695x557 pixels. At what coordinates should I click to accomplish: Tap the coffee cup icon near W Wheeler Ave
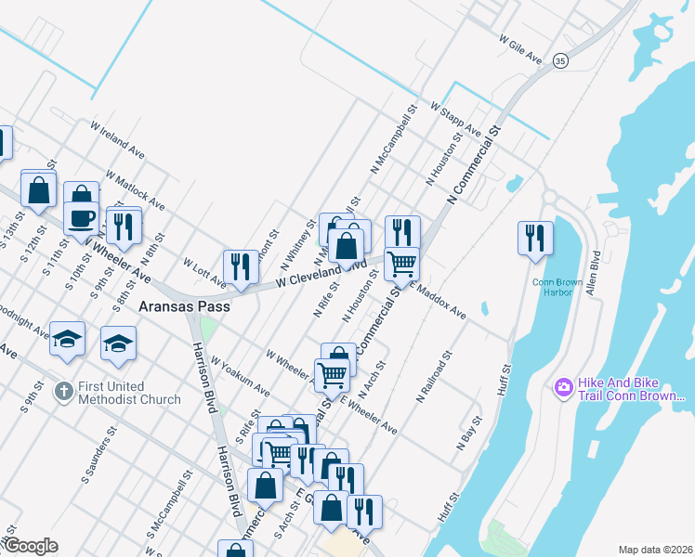pyautogui.click(x=81, y=217)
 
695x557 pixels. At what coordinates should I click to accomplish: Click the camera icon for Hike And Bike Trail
pyautogui.click(x=562, y=386)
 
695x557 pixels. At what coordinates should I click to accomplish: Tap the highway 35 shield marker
pyautogui.click(x=559, y=59)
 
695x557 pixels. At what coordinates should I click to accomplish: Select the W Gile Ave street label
pyautogui.click(x=519, y=50)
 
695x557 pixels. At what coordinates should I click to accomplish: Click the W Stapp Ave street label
pyautogui.click(x=455, y=119)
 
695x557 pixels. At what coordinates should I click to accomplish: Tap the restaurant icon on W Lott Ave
pyautogui.click(x=240, y=266)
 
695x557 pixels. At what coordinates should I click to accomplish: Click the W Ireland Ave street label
pyautogui.click(x=117, y=138)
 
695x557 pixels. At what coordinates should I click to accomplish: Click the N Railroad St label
pyautogui.click(x=434, y=376)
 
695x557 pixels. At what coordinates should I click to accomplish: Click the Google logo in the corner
pyautogui.click(x=30, y=546)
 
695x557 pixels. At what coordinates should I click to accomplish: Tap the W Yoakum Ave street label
pyautogui.click(x=240, y=374)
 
